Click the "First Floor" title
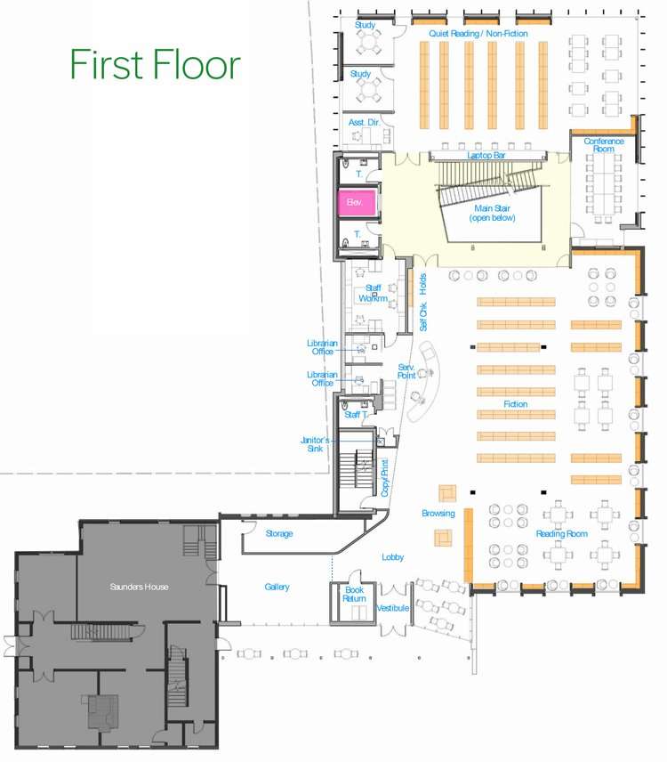156,64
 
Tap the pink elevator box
357,202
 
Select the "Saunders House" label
139,587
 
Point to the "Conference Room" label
603,145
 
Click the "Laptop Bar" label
486,155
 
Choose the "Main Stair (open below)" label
492,213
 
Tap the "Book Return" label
354,594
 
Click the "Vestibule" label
393,608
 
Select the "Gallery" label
277,587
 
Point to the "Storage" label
279,533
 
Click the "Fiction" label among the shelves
516,404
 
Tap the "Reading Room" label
562,533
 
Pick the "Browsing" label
438,513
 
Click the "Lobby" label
393,557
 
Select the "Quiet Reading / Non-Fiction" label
478,34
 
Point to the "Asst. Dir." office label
364,123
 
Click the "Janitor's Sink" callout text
315,444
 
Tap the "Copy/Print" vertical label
385,478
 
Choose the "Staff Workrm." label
373,293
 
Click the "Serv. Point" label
406,371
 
